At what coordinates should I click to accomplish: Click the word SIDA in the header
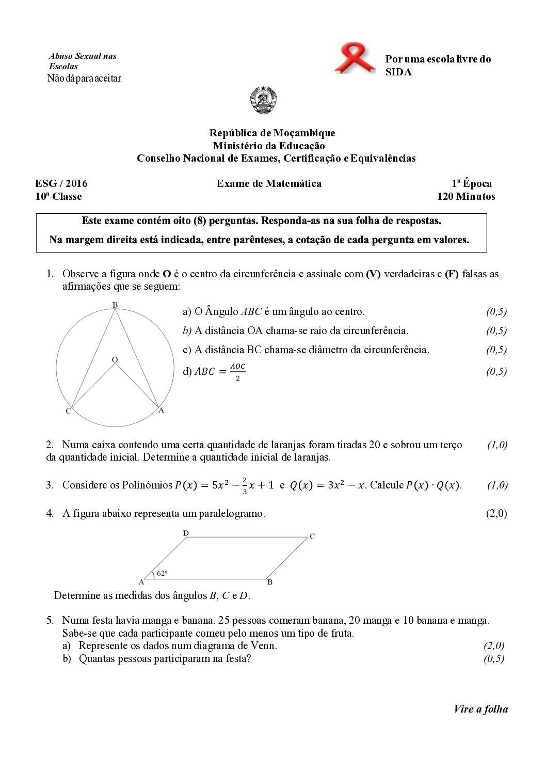(x=398, y=72)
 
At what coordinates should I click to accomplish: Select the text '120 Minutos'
(x=465, y=196)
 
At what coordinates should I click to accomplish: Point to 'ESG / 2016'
(x=61, y=183)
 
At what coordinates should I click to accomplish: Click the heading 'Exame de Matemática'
(x=269, y=183)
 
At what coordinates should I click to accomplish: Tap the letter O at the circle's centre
(x=115, y=359)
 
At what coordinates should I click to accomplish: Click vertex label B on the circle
(x=115, y=305)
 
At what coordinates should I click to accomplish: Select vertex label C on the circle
(x=68, y=412)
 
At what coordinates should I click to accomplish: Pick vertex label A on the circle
(x=161, y=411)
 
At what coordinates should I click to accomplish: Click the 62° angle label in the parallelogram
(x=162, y=573)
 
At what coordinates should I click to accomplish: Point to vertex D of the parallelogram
(x=185, y=533)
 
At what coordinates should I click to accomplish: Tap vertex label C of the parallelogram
(x=312, y=537)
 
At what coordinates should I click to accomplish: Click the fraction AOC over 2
(x=237, y=372)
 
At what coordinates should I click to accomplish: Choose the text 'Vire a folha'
(x=480, y=709)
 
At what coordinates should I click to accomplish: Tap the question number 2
(x=50, y=445)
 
